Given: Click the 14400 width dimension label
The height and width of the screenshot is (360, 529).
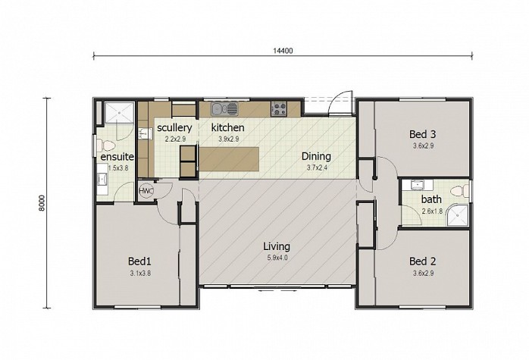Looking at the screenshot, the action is point(283,51).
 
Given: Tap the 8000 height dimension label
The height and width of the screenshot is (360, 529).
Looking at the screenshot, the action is point(42,203).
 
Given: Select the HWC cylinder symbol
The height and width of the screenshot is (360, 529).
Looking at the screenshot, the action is point(146,191).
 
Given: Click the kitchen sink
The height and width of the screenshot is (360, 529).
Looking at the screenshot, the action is point(224,109).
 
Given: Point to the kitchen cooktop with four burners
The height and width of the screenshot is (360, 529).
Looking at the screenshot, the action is point(279,109).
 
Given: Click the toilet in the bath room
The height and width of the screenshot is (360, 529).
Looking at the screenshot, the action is point(460,191).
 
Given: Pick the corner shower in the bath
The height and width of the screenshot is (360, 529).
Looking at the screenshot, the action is point(458,214).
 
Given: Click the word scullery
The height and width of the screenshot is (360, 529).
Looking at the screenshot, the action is point(174,128).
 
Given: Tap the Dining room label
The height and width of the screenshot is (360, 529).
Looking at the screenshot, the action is point(316,156).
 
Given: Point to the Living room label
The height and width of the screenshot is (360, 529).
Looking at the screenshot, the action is point(277,246).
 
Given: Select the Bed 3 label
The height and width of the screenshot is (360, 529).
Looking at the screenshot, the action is point(422,134).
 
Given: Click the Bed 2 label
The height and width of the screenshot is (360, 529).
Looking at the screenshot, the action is point(422,261).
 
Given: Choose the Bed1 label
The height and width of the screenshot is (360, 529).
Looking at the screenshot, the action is point(139,261).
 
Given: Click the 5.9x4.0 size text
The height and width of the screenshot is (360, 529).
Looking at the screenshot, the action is point(277,258).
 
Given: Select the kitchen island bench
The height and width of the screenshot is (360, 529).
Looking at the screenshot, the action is point(229,159).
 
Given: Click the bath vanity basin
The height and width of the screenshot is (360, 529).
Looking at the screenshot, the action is point(418,185).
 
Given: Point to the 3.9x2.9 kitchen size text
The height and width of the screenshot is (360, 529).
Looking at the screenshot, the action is point(228,139).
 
